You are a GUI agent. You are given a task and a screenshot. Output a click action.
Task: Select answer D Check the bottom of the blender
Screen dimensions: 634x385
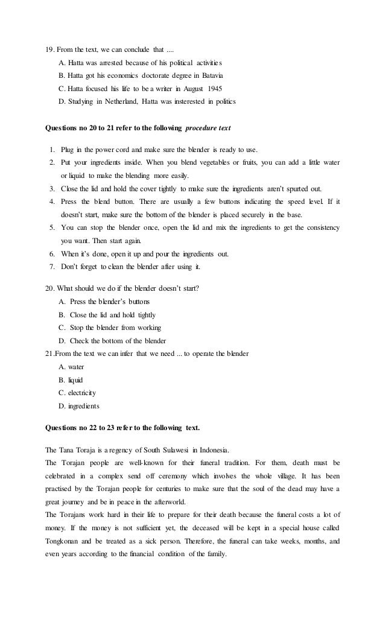tap(113, 341)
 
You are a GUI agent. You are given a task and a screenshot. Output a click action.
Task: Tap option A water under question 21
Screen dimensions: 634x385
tap(72, 366)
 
